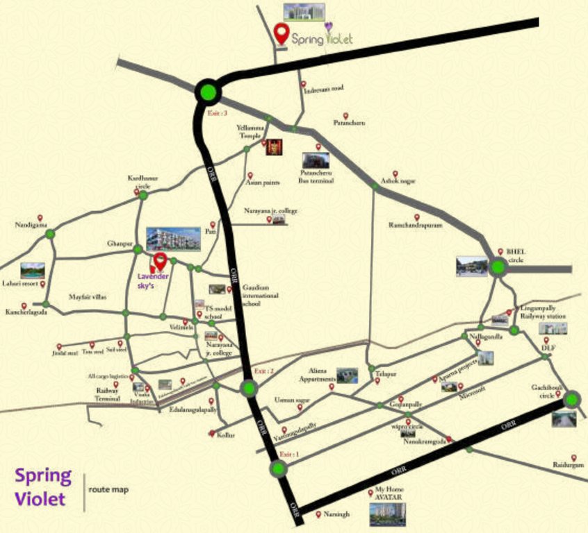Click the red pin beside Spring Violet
pyautogui.click(x=281, y=33)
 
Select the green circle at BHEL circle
pyautogui.click(x=498, y=269)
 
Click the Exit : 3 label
pyautogui.click(x=218, y=113)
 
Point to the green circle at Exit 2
pyautogui.click(x=247, y=388)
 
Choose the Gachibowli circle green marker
pyautogui.click(x=572, y=399)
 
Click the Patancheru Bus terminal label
pyautogui.click(x=316, y=176)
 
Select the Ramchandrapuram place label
pyautogui.click(x=415, y=226)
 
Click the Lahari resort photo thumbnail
pyautogui.click(x=33, y=271)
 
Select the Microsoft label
pyautogui.click(x=471, y=390)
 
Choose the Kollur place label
pyautogui.click(x=226, y=434)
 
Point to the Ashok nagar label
pyautogui.click(x=397, y=181)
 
